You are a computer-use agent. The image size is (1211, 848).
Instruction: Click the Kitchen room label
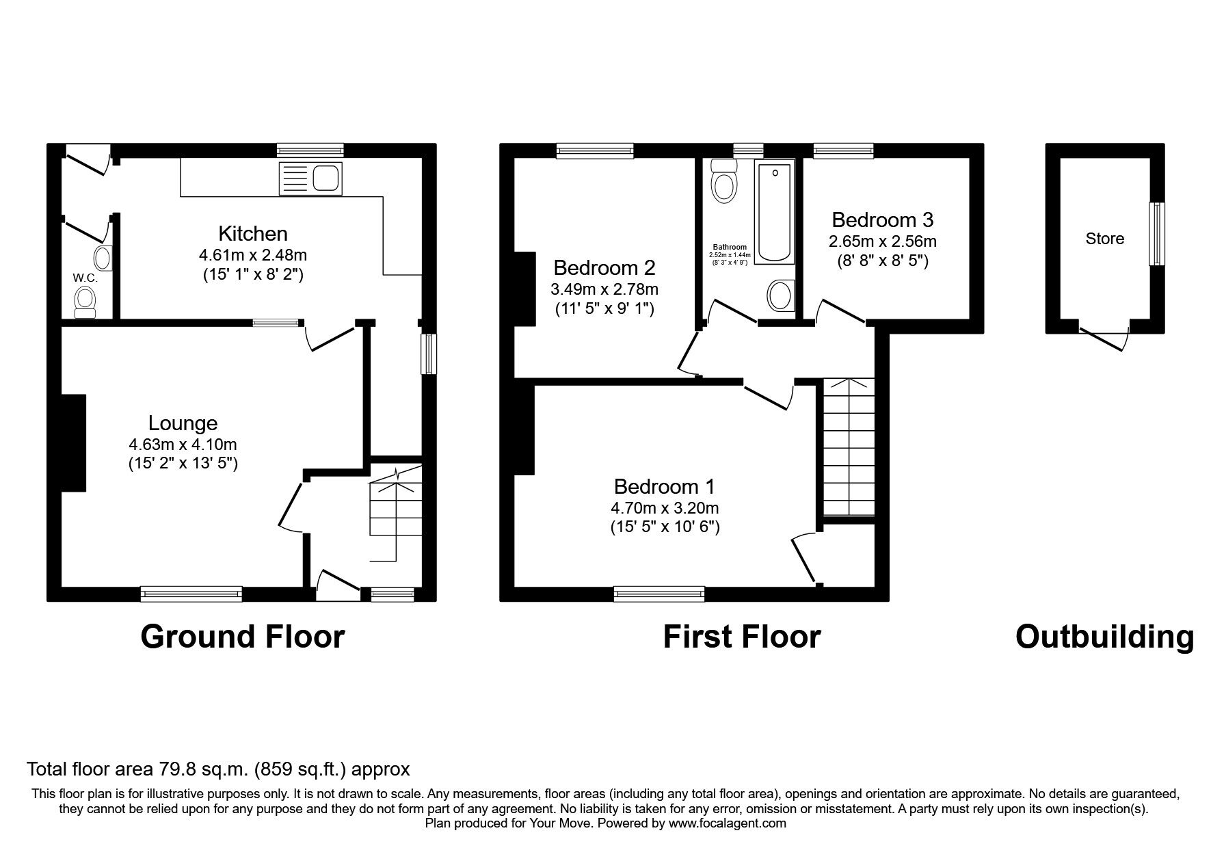tap(252, 233)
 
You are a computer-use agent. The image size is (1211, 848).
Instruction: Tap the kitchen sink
tap(310, 178)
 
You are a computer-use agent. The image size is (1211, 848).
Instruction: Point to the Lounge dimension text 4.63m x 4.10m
tap(183, 445)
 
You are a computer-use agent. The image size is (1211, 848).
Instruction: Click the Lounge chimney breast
tap(74, 442)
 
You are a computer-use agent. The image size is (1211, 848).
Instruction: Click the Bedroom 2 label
tap(604, 267)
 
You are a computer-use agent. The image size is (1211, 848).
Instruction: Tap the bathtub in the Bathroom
tap(775, 211)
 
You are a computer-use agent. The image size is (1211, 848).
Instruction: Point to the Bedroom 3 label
tap(883, 220)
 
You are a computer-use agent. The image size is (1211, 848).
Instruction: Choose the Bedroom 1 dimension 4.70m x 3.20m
tap(665, 508)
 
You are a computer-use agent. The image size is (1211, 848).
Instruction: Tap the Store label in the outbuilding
tap(1105, 239)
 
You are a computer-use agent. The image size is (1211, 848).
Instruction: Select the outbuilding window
tap(1157, 234)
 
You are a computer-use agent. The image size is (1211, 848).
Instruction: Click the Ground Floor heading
tap(243, 637)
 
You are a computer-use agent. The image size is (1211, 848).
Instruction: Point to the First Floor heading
tap(742, 637)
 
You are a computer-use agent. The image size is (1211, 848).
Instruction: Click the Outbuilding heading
tap(1105, 637)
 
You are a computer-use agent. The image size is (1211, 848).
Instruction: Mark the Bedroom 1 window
tap(659, 594)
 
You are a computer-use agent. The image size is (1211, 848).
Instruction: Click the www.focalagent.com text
tap(728, 823)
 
